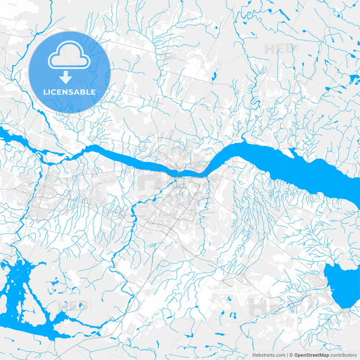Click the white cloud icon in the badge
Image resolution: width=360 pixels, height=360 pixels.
coord(69,57)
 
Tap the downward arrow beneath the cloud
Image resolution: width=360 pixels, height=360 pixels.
coord(70,77)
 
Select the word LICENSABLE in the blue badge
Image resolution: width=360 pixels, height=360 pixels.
coord(70,92)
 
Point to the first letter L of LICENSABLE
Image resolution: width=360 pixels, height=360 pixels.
coord(45,92)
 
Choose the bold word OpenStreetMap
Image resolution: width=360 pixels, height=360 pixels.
coord(311,354)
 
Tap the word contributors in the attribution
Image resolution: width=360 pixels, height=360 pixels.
coord(343,354)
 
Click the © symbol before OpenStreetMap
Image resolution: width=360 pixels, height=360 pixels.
coord(290,354)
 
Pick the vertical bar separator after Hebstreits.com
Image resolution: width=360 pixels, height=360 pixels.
coord(286,354)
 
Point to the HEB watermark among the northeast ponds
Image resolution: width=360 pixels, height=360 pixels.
coord(278,49)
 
